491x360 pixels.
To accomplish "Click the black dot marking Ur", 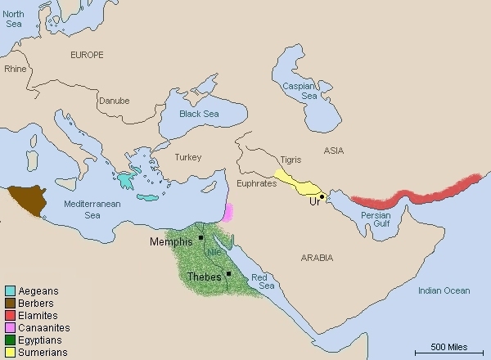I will coord(322,196).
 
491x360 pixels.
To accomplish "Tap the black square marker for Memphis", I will coord(200,237).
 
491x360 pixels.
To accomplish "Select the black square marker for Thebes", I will coord(229,273).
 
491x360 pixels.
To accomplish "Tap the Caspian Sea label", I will coord(299,91).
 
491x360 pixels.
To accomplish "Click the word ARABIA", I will coord(316,258).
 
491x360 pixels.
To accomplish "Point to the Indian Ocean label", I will coord(444,290).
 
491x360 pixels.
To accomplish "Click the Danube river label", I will coord(114,101).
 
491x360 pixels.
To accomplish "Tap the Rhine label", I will coord(16,69).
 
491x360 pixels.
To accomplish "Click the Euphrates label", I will coord(256,185).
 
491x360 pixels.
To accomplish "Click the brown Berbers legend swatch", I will coord(9,303).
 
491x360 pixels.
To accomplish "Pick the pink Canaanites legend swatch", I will coord(9,327).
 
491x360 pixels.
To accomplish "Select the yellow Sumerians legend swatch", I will coord(9,352).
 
